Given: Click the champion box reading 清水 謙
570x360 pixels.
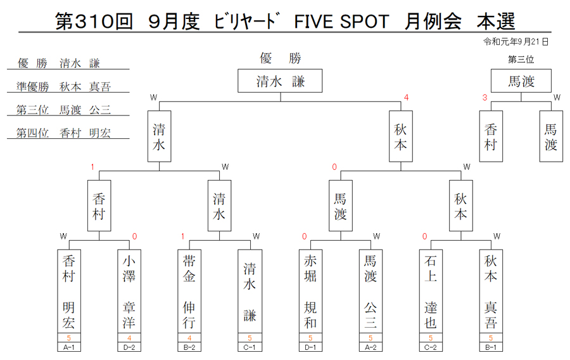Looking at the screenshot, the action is [280, 80].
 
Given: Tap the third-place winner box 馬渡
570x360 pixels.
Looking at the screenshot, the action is [521, 80].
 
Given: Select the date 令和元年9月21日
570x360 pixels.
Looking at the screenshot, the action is [516, 42].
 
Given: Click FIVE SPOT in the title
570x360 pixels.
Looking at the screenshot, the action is [341, 22].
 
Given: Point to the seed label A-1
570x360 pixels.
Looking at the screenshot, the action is [68, 347].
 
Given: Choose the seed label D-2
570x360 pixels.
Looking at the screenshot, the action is [129, 347].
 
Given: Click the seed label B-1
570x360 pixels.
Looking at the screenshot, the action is [491, 347].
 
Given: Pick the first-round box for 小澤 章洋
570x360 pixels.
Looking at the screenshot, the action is [129, 292].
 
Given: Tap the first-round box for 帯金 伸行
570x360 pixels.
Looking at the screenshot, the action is [189, 292].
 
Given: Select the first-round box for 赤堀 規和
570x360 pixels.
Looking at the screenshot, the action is [310, 292].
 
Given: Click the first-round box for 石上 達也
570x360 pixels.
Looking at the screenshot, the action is [431, 292].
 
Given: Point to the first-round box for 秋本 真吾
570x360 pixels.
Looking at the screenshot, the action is [491, 292].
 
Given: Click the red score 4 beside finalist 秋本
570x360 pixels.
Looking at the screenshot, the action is [407, 98].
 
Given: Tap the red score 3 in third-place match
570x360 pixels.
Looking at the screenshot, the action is [484, 98].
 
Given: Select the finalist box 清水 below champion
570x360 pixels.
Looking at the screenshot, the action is [159, 136].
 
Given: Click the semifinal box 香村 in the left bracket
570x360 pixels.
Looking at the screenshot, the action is [99, 206].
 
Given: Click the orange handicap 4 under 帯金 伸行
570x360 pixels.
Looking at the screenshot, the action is [189, 338].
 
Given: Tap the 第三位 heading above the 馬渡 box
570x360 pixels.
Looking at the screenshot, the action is [521, 60].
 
